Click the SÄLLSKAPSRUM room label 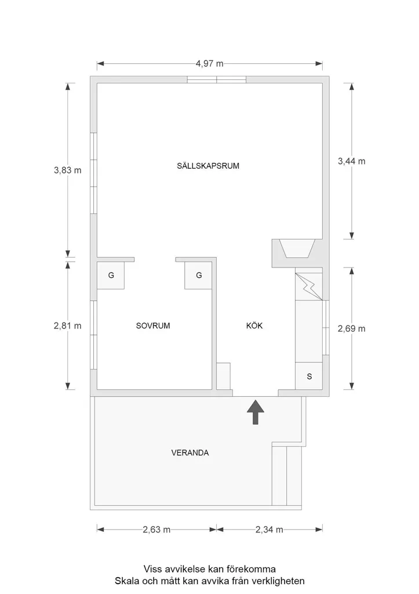coord(208,166)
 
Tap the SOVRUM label coord(153,325)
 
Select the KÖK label coord(254,325)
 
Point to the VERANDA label coord(190,452)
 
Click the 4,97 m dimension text coord(209,64)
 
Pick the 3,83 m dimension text coord(68,170)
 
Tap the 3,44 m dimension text coord(352,161)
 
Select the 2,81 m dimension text coord(68,326)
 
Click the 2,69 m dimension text coord(352,329)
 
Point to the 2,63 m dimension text coord(156,530)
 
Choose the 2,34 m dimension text coord(269,530)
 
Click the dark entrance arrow coord(256,412)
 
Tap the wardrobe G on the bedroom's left coord(111,276)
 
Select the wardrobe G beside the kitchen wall coord(199,276)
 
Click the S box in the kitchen coord(309,376)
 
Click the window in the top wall coord(217,79)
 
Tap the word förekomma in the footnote coord(252,569)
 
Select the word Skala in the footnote coord(125,581)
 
